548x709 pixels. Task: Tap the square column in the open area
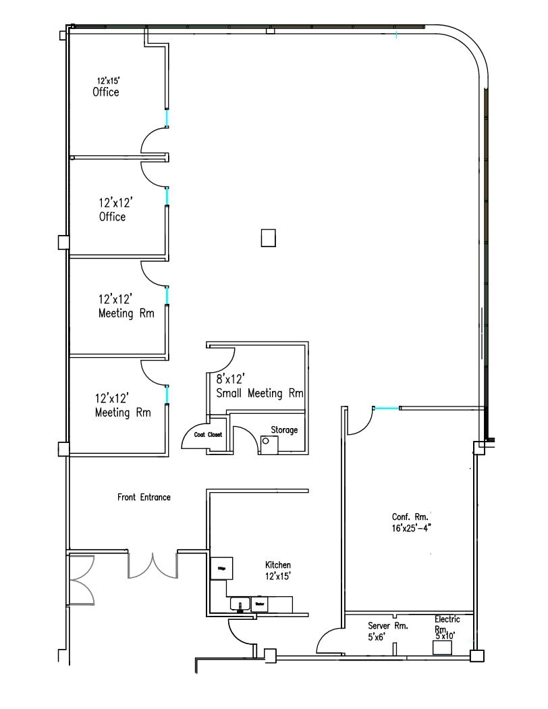pos(269,238)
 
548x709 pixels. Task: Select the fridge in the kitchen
pos(221,569)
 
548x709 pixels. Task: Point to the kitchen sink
pos(239,604)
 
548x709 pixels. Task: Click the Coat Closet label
pos(208,435)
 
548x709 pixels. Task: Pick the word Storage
pos(284,429)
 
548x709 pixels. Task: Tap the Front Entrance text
pos(144,497)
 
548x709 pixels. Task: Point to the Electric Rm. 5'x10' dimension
pos(446,635)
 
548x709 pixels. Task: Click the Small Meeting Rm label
pos(259,393)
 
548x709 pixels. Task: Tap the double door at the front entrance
pos(153,566)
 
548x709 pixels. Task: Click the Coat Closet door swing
pos(194,439)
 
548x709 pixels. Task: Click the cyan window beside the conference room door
pos(386,408)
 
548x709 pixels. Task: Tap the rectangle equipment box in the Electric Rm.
pos(442,648)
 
